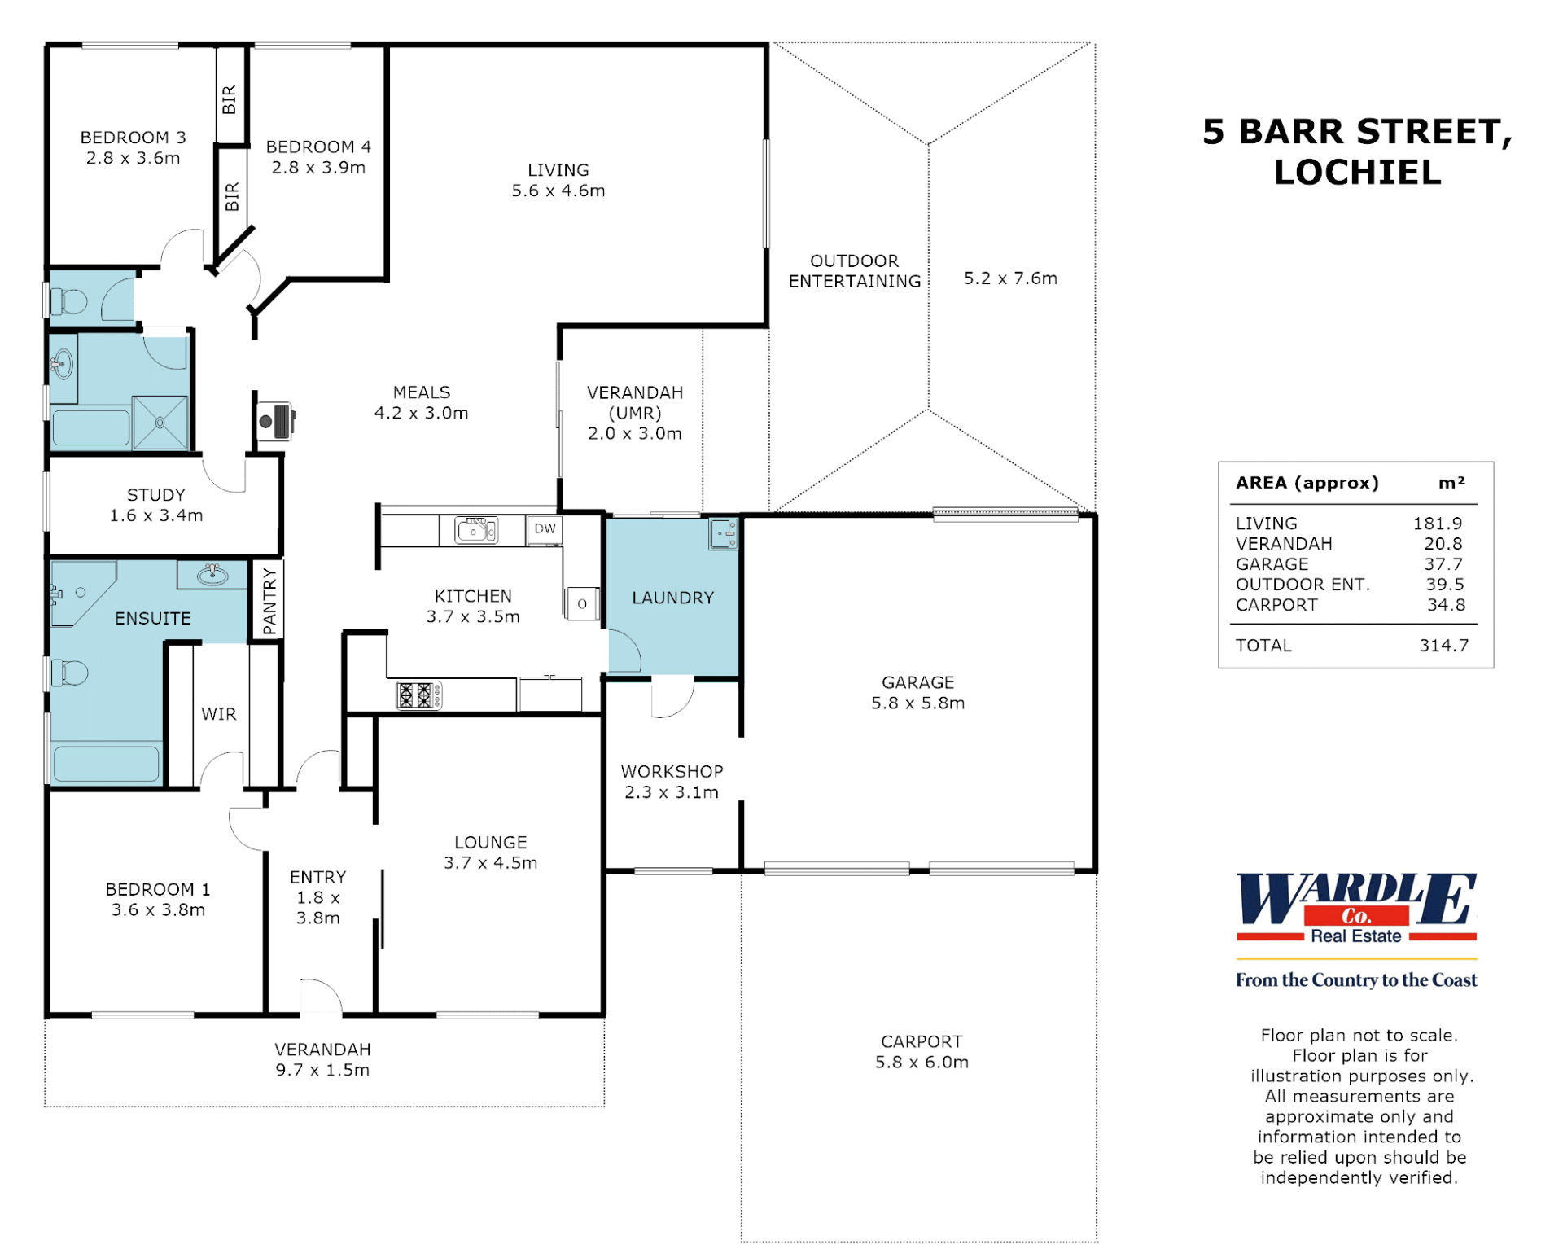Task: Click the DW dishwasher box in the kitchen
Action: click(x=545, y=529)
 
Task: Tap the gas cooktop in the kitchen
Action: click(x=419, y=695)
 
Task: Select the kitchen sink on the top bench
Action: click(x=476, y=530)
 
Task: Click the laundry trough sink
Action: click(x=723, y=534)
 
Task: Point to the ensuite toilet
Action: click(x=69, y=673)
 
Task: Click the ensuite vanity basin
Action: click(x=212, y=574)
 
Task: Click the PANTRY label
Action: click(x=269, y=602)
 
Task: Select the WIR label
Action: click(x=219, y=714)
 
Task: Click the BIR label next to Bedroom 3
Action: click(x=229, y=99)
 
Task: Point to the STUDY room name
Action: click(x=155, y=495)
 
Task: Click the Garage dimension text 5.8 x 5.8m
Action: click(x=917, y=703)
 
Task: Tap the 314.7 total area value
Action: click(x=1444, y=646)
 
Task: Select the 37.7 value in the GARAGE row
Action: click(x=1444, y=564)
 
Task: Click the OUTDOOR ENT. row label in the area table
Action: click(x=1302, y=585)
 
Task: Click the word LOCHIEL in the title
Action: click(x=1357, y=173)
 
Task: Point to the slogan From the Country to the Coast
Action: click(x=1356, y=980)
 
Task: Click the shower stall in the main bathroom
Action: click(x=160, y=423)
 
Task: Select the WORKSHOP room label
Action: click(x=672, y=772)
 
